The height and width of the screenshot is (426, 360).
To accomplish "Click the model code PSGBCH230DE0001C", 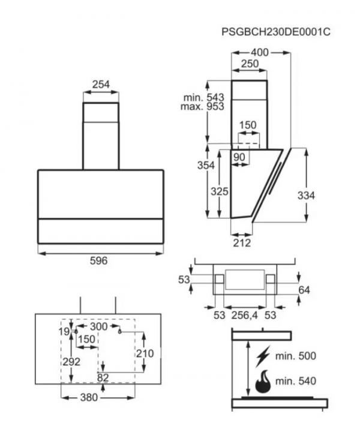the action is pyautogui.click(x=276, y=32).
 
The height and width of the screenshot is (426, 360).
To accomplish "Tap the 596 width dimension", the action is pyautogui.click(x=98, y=260).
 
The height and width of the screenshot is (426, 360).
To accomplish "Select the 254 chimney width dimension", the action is pyautogui.click(x=101, y=85).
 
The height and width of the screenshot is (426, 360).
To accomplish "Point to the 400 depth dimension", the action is pyautogui.click(x=260, y=52).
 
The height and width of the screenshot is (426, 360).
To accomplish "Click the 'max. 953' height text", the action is pyautogui.click(x=202, y=106).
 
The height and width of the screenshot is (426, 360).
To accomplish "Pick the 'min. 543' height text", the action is pyautogui.click(x=204, y=97).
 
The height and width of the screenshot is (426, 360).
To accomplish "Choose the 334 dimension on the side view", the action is pyautogui.click(x=306, y=196).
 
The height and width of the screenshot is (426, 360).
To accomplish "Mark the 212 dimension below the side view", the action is pyautogui.click(x=242, y=242).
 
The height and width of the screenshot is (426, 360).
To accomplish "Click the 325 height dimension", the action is pyautogui.click(x=220, y=191).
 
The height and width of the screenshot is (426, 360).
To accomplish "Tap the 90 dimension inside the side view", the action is pyautogui.click(x=239, y=157).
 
